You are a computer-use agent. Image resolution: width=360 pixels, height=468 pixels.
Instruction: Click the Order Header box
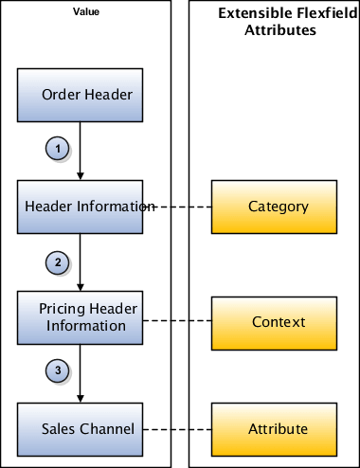[81, 95]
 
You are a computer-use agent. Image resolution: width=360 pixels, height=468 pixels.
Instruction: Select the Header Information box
[81, 207]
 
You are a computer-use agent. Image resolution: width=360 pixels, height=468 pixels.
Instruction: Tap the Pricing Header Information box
[81, 317]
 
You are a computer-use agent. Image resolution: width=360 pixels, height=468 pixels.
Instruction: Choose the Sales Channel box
[81, 428]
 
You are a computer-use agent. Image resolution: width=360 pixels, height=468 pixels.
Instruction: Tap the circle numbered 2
[56, 261]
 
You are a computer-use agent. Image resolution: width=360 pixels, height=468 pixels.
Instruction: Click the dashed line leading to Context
[180, 321]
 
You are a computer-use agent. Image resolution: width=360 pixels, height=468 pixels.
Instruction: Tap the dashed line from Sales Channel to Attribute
[180, 428]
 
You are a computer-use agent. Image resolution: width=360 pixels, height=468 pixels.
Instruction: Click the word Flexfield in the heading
[314, 13]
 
